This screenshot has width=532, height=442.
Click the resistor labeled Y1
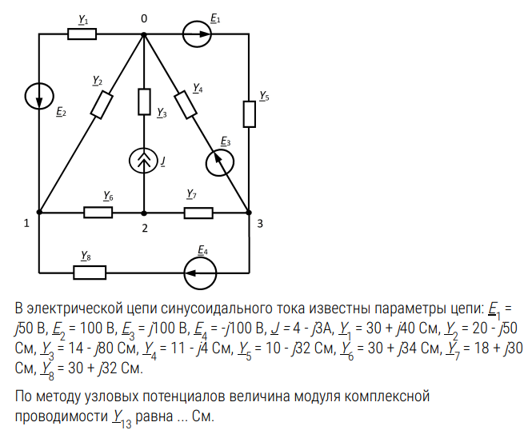82,34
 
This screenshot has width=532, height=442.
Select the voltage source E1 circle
197,34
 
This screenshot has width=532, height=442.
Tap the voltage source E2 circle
39,96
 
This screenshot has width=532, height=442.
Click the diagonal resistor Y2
102,104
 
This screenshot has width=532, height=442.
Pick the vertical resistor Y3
144,102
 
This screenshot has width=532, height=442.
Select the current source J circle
144,161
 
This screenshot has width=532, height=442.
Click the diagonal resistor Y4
186,104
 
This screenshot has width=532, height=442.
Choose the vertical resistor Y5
249,114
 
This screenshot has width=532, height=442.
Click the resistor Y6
98,213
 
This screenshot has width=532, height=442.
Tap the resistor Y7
198,213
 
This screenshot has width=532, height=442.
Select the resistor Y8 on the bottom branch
90,273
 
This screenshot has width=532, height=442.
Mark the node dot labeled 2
144,213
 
